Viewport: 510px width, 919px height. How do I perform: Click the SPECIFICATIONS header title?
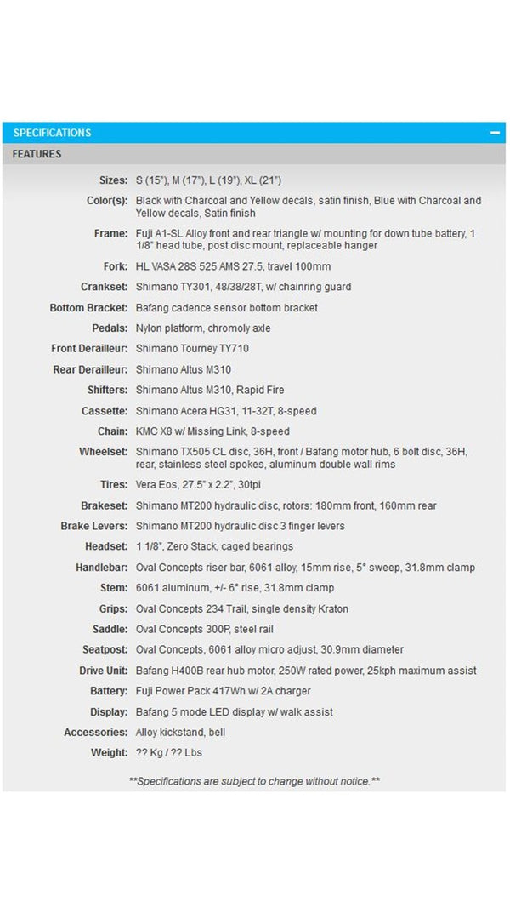click(52, 133)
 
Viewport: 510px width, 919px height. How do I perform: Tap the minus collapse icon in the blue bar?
click(494, 133)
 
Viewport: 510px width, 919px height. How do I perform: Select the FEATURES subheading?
click(37, 154)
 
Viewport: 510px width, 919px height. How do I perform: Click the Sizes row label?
click(113, 180)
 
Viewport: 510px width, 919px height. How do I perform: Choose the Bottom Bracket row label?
click(88, 307)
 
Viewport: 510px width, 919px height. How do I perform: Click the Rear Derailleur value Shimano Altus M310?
click(183, 369)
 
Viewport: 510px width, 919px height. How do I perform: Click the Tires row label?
click(114, 484)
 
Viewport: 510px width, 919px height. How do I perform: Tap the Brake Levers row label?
click(93, 526)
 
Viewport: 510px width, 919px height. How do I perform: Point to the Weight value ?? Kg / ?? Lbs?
click(169, 752)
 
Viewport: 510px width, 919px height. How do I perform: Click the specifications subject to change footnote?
click(254, 780)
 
